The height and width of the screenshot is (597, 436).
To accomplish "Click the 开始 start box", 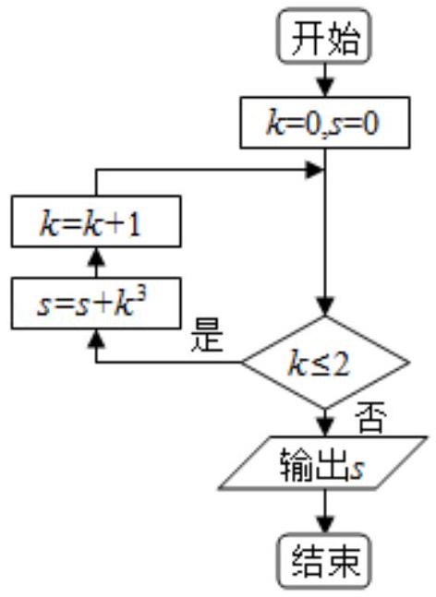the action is click(324, 37).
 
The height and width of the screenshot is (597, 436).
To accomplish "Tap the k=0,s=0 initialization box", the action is click(325, 123).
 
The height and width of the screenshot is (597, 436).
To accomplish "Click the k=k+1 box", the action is click(96, 221).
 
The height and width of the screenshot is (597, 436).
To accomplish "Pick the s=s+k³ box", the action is click(96, 303).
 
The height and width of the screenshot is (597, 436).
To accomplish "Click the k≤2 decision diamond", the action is click(325, 363).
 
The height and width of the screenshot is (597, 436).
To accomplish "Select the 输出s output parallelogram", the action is click(323, 462).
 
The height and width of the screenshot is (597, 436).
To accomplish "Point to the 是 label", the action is click(207, 336).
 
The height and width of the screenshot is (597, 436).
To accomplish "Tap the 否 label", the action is click(370, 417).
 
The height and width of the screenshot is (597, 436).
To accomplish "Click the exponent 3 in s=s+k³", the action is click(140, 293).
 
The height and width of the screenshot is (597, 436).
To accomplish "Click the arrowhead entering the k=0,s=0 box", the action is click(325, 89).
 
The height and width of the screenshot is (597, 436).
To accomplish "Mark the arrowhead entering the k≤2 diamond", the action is click(325, 307).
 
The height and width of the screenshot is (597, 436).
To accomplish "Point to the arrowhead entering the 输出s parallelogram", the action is click(325, 427).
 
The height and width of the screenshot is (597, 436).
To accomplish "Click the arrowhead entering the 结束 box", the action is click(325, 525).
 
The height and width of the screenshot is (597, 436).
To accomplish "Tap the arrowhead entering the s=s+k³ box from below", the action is click(96, 338).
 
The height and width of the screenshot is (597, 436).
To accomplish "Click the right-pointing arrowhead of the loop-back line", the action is click(315, 170).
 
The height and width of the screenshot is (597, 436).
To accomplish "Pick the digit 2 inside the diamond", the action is click(340, 364).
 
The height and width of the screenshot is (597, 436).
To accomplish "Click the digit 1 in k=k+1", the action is click(135, 224).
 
